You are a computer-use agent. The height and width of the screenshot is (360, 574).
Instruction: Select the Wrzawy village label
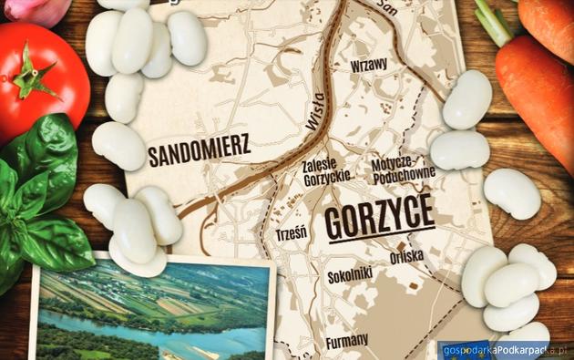[369, 64]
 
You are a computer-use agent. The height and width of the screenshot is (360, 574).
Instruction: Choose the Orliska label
[405, 257]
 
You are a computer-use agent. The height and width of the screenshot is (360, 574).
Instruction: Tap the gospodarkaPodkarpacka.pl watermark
[503, 349]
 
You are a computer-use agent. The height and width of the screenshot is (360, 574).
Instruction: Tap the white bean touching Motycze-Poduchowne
[459, 149]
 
